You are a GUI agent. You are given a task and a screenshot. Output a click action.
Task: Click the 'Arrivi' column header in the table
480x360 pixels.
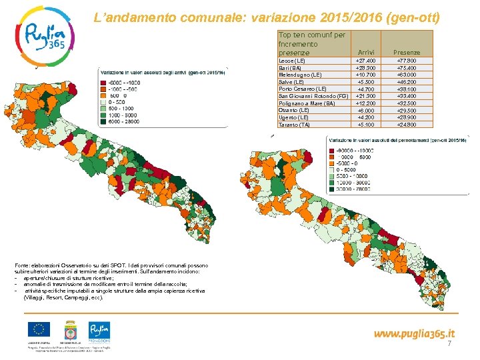point(366,51)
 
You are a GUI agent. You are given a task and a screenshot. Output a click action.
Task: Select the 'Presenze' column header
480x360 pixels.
point(406,51)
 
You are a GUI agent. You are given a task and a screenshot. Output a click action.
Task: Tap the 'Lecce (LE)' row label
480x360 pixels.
point(291,61)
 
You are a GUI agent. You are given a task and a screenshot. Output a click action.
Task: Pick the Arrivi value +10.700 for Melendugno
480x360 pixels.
point(366,75)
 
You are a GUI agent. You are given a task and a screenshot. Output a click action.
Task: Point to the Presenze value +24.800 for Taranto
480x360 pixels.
point(407,125)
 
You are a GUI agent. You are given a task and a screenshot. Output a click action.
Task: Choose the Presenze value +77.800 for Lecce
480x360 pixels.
point(407,61)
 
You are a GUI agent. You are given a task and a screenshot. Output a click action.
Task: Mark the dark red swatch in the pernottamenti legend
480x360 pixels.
point(331,150)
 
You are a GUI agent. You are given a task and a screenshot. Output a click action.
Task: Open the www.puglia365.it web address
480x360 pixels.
point(414,333)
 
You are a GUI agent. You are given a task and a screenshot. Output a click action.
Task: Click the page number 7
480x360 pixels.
point(449,343)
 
